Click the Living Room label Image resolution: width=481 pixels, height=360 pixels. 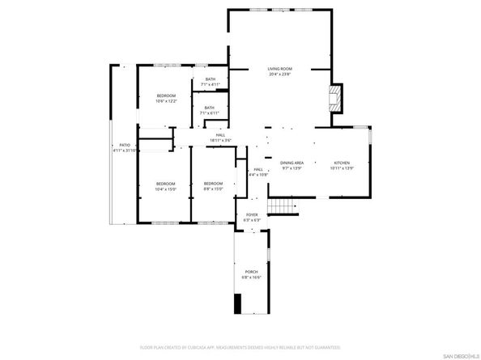point(280,69)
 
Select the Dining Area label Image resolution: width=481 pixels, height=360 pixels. point(292,163)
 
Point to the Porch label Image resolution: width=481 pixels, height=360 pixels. point(251,272)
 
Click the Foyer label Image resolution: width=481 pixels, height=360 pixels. point(252,214)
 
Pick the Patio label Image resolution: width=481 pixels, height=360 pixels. point(125,146)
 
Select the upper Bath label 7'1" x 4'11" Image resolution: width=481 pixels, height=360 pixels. point(210,78)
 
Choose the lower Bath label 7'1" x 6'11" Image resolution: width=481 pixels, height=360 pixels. point(209,108)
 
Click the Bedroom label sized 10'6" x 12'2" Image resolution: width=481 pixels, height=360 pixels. point(166,95)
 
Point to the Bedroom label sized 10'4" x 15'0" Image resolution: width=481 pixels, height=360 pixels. point(165,184)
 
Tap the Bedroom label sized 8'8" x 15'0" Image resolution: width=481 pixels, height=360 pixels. point(213,184)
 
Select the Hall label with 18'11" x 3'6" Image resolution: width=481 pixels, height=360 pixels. point(220,135)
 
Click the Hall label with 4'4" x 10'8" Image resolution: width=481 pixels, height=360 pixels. point(258,169)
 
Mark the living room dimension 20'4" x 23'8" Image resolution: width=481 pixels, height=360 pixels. point(280,74)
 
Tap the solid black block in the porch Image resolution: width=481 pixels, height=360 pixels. point(238,303)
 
